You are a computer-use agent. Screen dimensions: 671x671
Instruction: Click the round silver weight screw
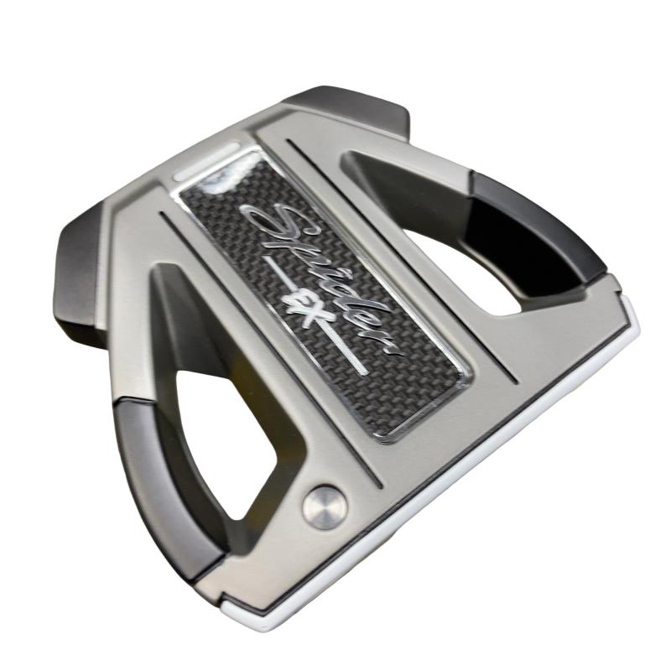[x=325, y=508]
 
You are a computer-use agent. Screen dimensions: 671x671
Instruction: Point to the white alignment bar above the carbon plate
[x=206, y=162]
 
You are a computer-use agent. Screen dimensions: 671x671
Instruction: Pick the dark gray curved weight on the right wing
[x=535, y=231]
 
